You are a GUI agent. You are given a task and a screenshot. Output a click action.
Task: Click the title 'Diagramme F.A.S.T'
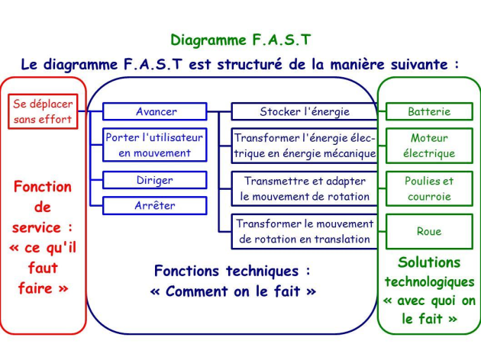240,40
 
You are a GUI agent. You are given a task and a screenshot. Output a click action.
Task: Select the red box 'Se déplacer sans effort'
43,111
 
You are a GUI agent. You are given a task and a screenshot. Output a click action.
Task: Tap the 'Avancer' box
156,112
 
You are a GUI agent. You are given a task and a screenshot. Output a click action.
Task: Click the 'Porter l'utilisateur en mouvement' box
156,146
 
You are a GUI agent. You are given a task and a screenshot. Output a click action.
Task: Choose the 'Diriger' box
156,181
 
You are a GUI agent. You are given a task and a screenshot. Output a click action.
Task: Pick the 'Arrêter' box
156,205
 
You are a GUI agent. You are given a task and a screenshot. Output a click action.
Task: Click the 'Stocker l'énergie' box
304,112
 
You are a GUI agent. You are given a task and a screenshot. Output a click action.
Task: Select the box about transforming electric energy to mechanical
304,146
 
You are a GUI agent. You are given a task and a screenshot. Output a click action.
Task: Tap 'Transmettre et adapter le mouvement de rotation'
304,188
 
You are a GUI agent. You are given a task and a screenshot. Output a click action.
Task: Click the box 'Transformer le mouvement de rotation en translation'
304,231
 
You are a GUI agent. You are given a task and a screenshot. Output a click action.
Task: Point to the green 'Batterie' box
429,112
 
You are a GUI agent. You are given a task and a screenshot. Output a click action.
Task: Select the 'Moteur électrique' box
429,146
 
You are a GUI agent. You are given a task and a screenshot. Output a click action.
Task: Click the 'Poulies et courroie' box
429,188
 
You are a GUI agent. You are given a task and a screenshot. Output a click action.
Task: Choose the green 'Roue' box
429,231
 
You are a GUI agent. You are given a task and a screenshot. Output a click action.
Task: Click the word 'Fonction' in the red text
43,187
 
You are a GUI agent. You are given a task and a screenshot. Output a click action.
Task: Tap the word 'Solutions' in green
429,262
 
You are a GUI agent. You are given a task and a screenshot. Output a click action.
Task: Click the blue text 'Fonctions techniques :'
232,271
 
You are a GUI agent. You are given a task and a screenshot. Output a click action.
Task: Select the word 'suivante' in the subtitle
419,64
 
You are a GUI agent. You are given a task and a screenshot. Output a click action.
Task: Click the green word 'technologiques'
429,282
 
